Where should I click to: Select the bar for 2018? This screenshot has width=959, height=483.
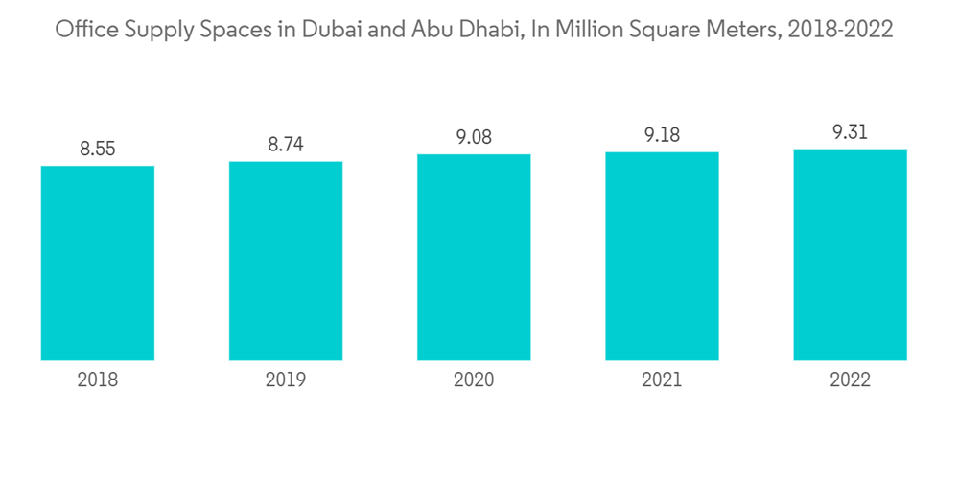point(98,264)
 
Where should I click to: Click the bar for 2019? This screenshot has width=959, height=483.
point(286,261)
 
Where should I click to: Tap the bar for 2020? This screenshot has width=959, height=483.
point(474,257)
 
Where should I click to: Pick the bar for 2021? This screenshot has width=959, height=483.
point(662,256)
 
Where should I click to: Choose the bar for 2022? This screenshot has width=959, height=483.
point(850,255)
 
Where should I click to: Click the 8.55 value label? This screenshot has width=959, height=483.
point(98,149)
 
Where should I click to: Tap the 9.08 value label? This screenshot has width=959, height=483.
point(474,136)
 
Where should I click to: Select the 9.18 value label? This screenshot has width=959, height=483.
point(662,134)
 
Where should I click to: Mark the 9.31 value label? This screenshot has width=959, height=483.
point(850,132)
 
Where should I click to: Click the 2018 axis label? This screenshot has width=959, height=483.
point(98,380)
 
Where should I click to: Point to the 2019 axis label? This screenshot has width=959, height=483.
point(286,380)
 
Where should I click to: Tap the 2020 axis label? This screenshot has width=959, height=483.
point(474,380)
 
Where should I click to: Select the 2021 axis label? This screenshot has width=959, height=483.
point(662,380)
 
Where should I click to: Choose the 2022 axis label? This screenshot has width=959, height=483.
point(850,380)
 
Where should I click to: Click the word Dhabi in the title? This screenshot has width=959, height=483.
point(472,30)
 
